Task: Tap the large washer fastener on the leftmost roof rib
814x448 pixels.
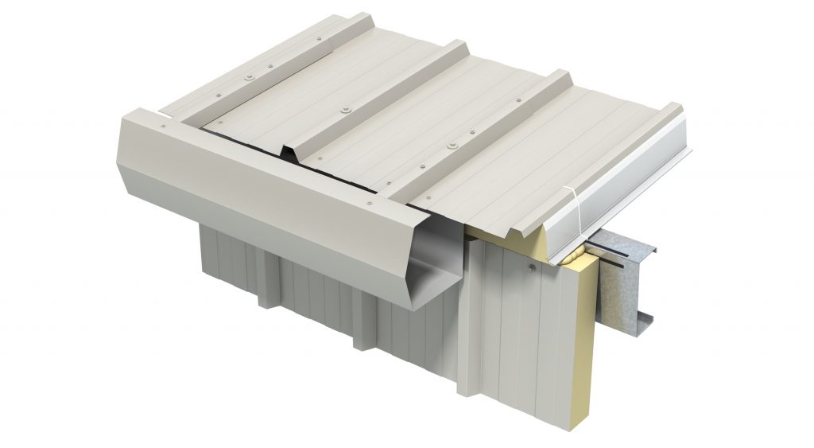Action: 251,76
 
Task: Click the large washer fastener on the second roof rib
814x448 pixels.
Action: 347,107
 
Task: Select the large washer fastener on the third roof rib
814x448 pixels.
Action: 453,146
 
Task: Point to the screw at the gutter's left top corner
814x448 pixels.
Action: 164,125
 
